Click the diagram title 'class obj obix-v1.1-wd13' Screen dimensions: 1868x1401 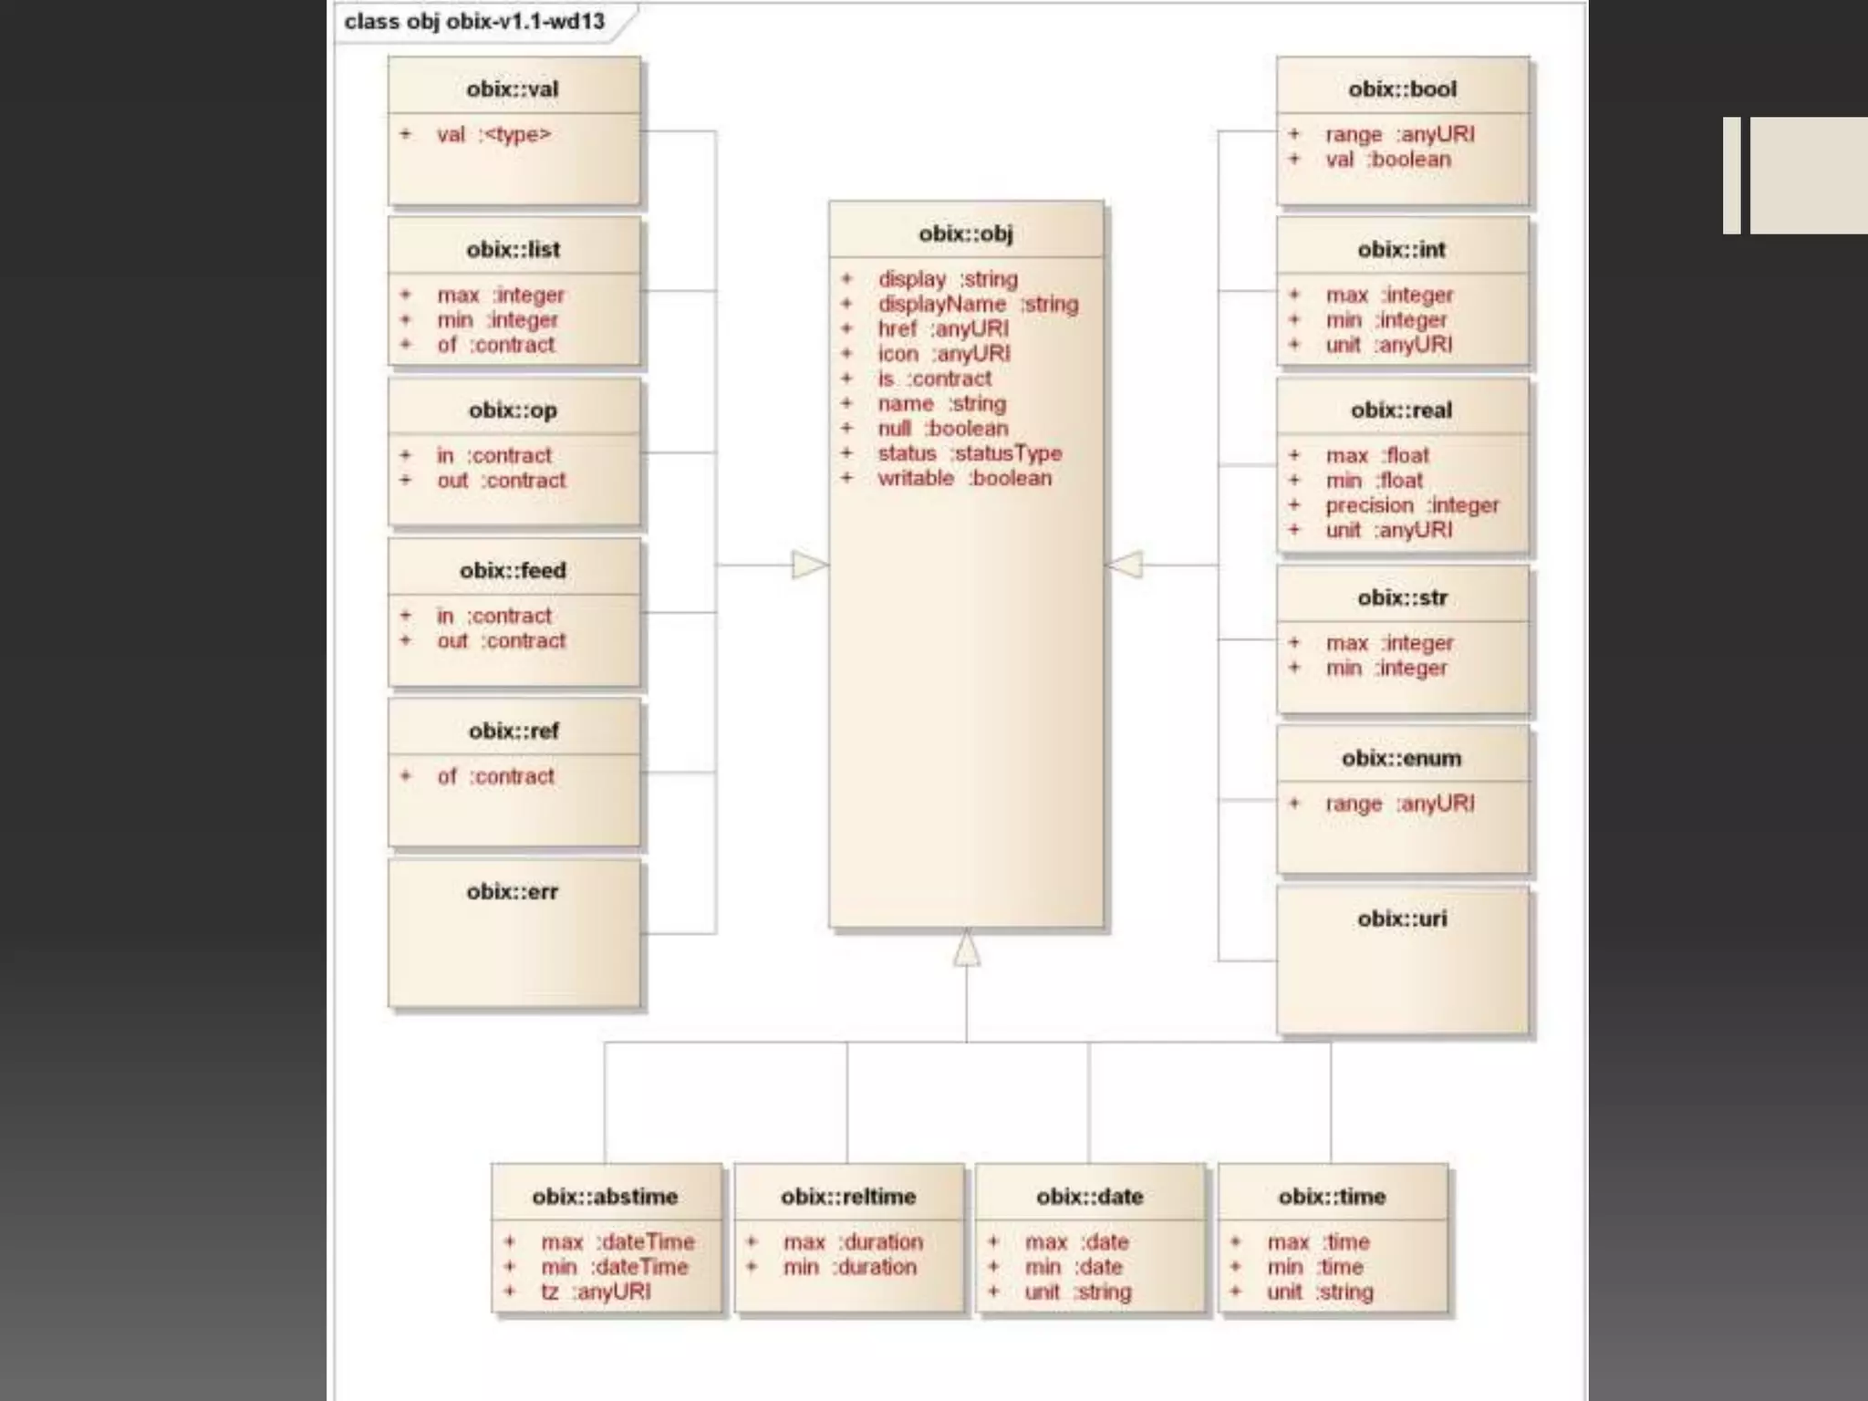(x=474, y=21)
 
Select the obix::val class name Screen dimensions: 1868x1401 (x=513, y=89)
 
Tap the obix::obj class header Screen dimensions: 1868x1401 (x=966, y=233)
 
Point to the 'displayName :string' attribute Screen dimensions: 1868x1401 (x=977, y=304)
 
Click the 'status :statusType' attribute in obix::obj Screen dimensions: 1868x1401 (x=969, y=453)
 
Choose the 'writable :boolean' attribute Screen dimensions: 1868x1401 (x=964, y=478)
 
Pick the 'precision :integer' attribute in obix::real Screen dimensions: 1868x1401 (x=1411, y=505)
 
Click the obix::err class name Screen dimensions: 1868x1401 (x=513, y=891)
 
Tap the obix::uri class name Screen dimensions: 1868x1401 (x=1402, y=918)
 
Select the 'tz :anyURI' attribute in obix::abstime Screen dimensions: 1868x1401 (x=596, y=1292)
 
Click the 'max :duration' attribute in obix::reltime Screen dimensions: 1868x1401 (x=853, y=1242)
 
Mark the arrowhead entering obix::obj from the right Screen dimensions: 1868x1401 (x=1124, y=565)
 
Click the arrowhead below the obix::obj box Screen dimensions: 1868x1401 (x=967, y=948)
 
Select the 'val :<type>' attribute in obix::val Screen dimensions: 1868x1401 (x=493, y=135)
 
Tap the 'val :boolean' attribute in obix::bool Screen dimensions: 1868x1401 (x=1387, y=160)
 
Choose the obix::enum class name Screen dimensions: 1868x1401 (x=1402, y=758)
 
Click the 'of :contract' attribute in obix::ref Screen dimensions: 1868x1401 (x=495, y=776)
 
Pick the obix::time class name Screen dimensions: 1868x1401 (x=1332, y=1197)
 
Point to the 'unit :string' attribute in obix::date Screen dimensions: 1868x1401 (x=1077, y=1292)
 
